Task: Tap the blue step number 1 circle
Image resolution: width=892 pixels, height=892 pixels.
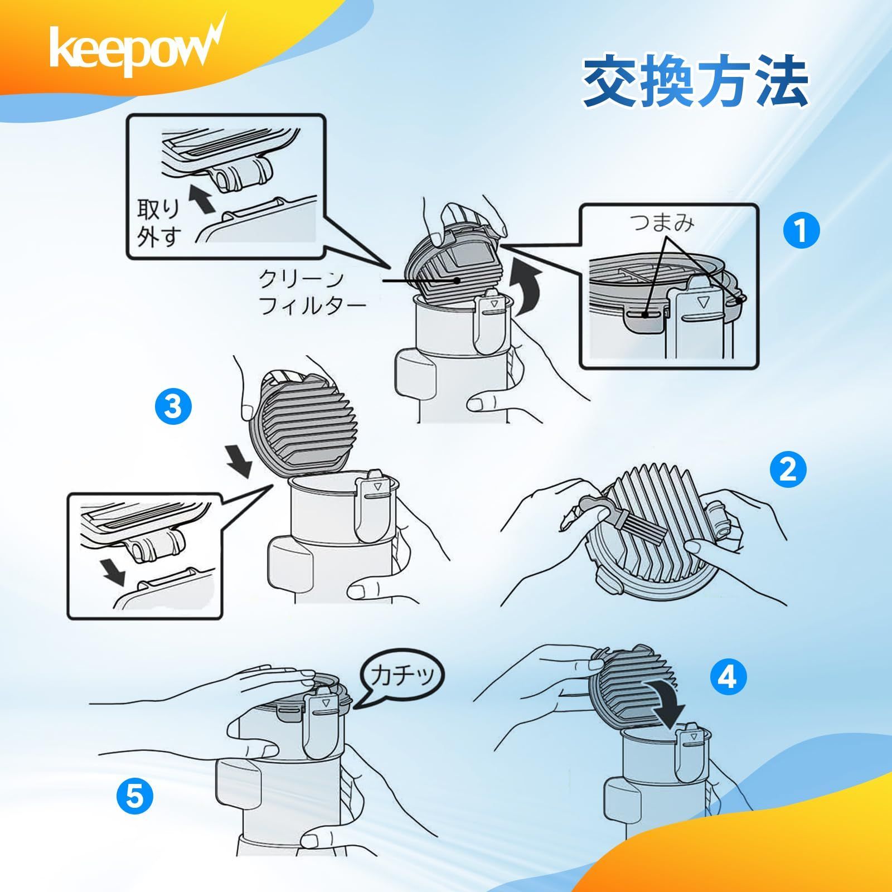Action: (x=801, y=231)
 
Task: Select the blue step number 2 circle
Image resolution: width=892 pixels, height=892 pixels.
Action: (x=788, y=471)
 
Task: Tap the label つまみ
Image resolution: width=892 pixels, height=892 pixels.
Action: (x=662, y=224)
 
